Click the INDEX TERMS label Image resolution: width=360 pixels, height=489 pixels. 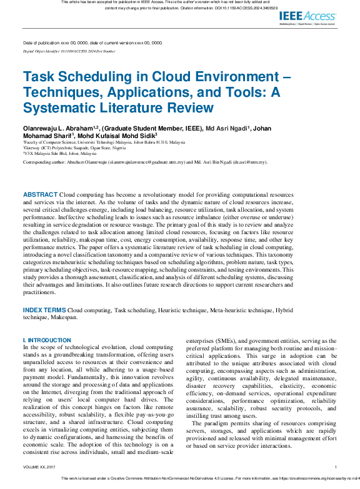(x=44, y=310)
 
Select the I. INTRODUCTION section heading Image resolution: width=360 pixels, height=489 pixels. (x=47, y=340)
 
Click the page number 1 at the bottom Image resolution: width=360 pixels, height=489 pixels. (x=336, y=467)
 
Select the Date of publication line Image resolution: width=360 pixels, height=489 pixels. (x=92, y=43)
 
